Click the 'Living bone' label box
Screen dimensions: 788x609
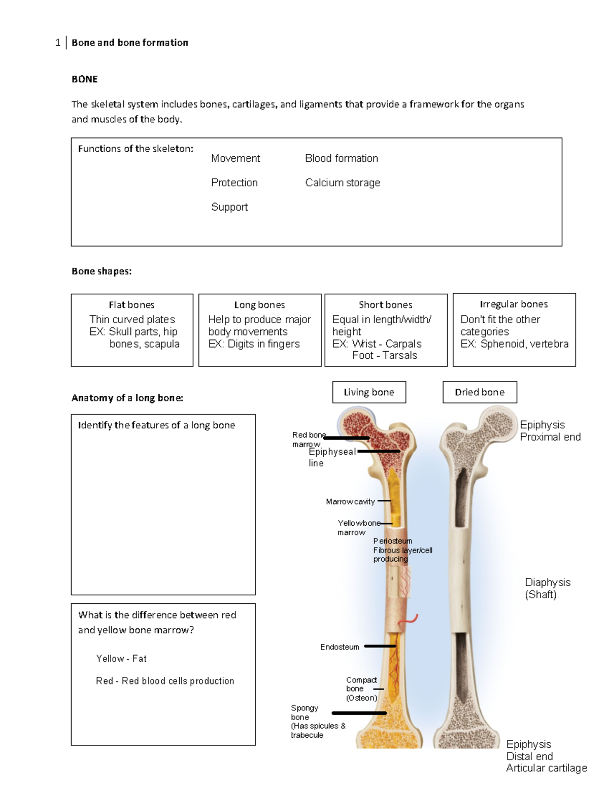pos(369,392)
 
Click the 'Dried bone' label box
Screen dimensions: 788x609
pos(480,392)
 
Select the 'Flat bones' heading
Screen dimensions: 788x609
pos(131,305)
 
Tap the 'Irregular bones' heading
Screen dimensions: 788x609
pos(514,304)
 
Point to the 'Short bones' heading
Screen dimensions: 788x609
pos(385,305)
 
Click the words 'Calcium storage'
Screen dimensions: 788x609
pos(343,183)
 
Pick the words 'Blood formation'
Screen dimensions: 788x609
pos(342,158)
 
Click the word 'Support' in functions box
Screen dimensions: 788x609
pos(229,207)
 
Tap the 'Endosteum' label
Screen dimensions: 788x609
pos(340,647)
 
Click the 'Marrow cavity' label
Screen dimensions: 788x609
pos(350,502)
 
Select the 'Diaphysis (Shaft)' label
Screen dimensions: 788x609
pos(547,588)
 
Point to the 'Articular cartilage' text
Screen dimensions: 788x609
pos(546,768)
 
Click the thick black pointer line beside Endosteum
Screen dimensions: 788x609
pos(380,646)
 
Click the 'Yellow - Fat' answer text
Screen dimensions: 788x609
pos(121,659)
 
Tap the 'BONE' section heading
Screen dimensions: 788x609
pos(85,79)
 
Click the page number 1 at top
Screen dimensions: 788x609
pos(58,43)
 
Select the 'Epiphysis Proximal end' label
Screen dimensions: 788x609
pos(550,431)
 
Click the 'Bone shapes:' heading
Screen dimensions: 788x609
pos(101,271)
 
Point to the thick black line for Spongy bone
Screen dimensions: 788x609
pos(359,713)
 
